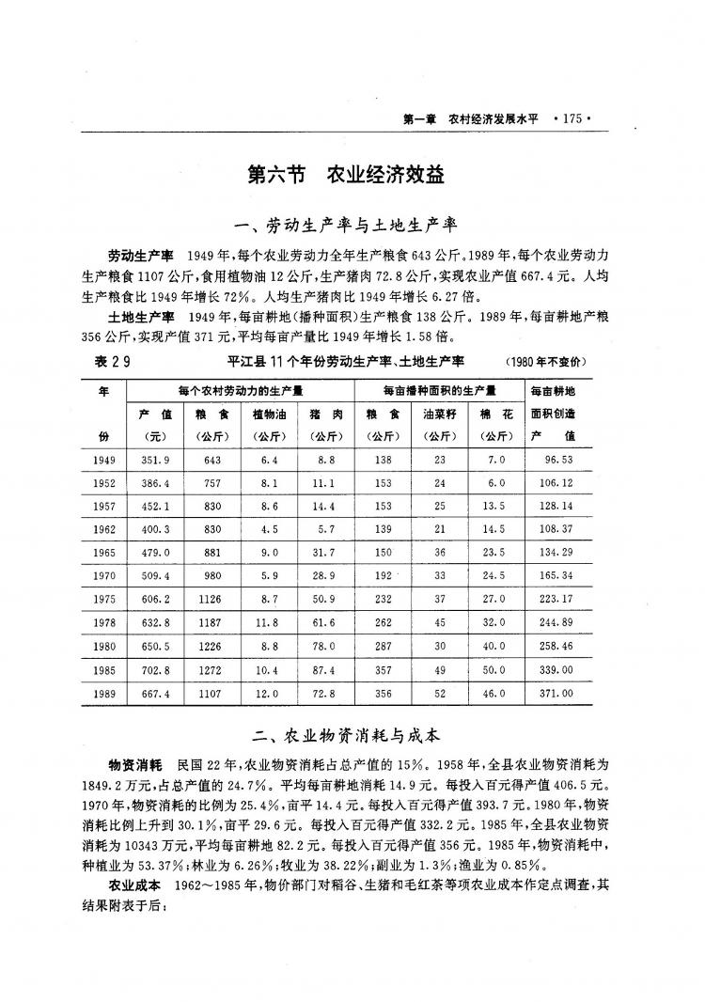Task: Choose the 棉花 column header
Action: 493,414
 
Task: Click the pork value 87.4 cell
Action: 322,671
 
